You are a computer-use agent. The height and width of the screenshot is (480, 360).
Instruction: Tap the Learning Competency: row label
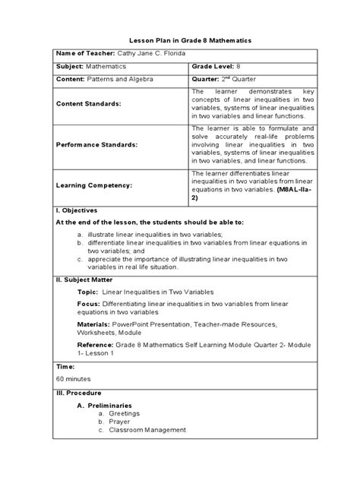[89, 185]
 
